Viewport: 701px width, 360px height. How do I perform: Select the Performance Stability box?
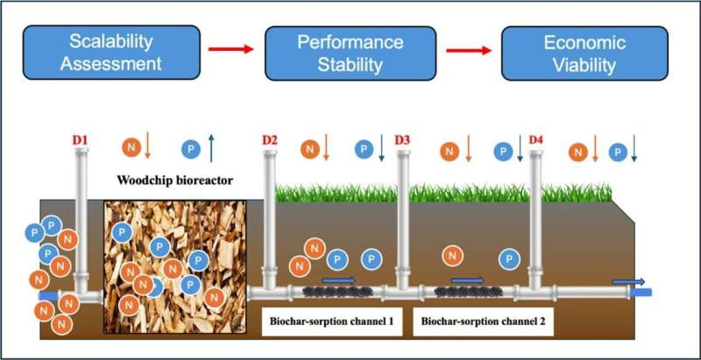point(350,52)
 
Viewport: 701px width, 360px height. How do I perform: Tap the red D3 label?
point(403,139)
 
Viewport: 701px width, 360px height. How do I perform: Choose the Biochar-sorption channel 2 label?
point(483,322)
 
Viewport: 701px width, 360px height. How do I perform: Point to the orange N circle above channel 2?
point(452,256)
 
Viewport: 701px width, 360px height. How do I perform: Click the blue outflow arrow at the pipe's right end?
point(629,281)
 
